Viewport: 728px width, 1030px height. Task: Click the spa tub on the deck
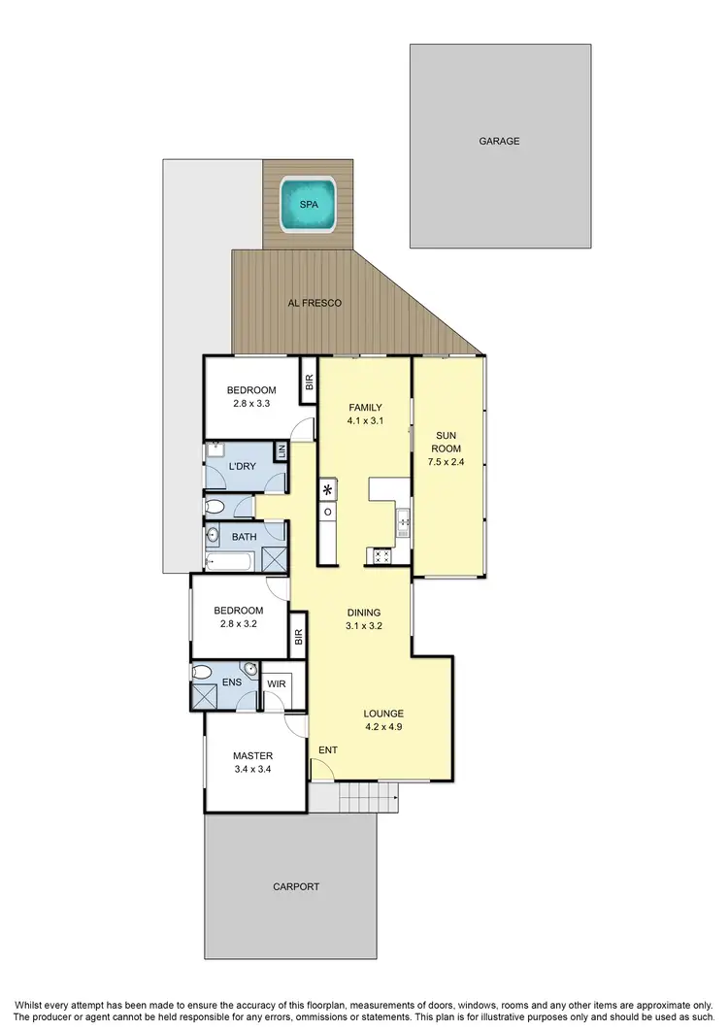click(308, 204)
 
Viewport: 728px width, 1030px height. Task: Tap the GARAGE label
click(499, 141)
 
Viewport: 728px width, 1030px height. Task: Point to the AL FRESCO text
click(314, 303)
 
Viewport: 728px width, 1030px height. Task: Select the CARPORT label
click(296, 886)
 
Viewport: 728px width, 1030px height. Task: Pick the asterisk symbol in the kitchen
click(328, 489)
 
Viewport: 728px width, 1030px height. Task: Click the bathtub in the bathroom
click(228, 560)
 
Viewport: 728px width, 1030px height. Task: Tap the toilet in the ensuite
click(203, 671)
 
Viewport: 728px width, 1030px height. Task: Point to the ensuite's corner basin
click(250, 668)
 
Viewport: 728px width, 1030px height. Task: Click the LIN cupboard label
click(281, 450)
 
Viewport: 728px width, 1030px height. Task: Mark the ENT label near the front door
click(328, 749)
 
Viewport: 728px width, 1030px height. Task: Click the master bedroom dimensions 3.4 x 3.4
click(251, 769)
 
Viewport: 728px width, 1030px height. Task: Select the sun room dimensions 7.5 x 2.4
click(447, 463)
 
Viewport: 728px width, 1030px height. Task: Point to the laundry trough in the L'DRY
click(215, 449)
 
